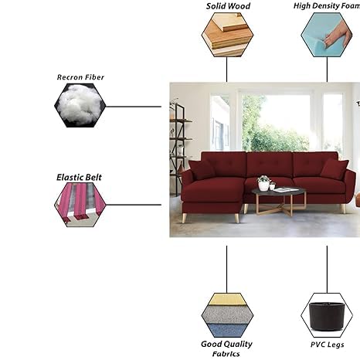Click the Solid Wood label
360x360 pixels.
228,6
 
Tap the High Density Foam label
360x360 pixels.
327,6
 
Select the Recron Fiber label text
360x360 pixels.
80,77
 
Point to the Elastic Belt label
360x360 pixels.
79,177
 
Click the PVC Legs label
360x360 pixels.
327,345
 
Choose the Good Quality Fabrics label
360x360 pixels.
226,348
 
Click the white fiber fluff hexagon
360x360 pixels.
80,105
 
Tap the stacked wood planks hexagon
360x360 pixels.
227,35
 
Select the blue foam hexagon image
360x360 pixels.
327,35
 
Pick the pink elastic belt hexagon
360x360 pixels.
80,205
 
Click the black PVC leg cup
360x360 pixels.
327,317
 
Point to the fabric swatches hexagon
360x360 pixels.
227,315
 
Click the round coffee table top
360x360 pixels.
279,191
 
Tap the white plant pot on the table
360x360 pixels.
263,185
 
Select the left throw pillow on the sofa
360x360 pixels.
202,170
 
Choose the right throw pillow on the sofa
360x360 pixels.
335,168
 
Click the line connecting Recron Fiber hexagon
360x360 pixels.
134,107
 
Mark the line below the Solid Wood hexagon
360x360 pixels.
226,70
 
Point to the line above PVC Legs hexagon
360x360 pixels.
327,270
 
